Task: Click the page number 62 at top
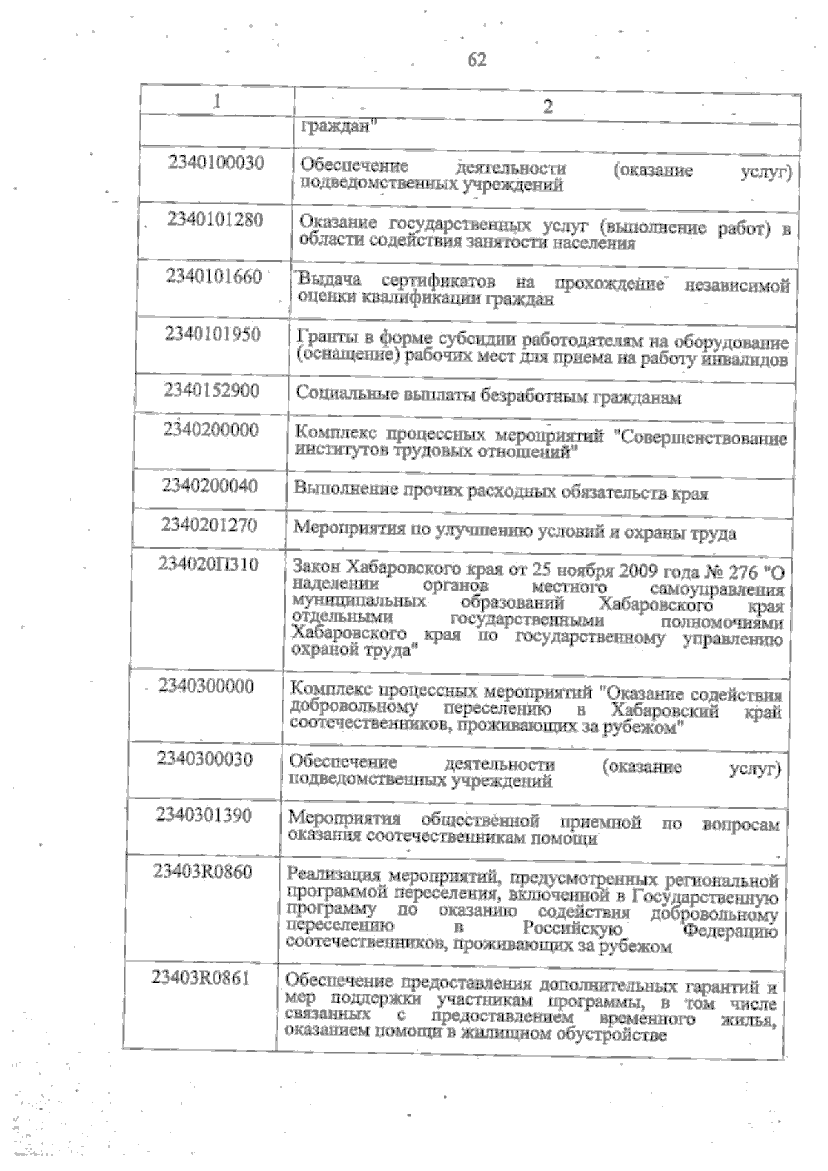477,60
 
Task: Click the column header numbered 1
217,101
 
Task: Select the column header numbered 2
547,106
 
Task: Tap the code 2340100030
216,164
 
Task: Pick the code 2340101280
215,220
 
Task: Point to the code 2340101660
214,277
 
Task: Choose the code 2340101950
213,335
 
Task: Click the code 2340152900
212,391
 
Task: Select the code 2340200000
211,431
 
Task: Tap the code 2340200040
210,486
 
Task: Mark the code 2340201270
209,526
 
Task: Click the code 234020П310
208,565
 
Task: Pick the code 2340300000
206,687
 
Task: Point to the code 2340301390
204,816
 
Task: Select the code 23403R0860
202,872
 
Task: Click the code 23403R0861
201,978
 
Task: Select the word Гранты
324,339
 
